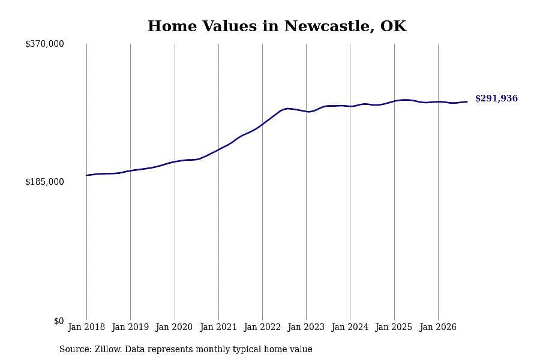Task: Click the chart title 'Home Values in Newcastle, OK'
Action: [277, 26]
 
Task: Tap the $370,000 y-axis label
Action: [44, 44]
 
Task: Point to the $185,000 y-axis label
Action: [44, 182]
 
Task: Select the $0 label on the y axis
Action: [59, 321]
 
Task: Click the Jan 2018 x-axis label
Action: [86, 327]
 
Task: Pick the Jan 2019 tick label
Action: [130, 327]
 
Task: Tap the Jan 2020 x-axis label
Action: [174, 327]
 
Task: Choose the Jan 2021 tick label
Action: [218, 327]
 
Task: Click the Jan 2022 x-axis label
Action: [262, 327]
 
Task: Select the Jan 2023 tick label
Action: [306, 327]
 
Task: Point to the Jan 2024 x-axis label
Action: [350, 327]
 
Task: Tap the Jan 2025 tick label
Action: [394, 327]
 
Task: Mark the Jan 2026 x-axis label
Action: [438, 327]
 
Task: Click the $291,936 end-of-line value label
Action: [496, 98]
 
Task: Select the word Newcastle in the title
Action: [329, 26]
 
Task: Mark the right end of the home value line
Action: [467, 101]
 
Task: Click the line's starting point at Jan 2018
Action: [86, 175]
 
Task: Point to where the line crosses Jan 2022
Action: [262, 124]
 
